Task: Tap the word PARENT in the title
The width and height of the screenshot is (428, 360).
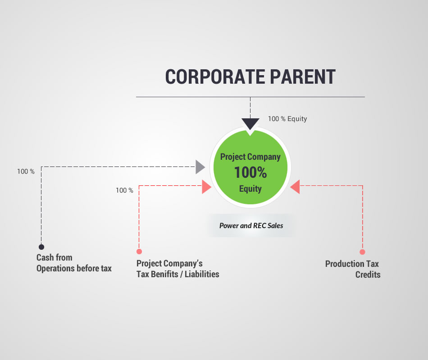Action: [x=303, y=76]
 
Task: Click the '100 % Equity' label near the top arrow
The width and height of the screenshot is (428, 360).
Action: [x=287, y=119]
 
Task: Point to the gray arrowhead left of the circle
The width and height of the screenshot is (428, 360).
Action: [x=200, y=167]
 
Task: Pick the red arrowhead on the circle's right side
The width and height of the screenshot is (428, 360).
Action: [x=295, y=187]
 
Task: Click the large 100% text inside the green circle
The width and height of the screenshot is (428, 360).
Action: [x=250, y=172]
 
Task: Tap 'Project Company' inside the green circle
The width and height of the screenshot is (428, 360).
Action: [x=250, y=157]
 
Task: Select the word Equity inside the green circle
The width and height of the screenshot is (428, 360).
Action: [x=250, y=189]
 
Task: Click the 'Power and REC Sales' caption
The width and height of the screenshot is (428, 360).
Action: [x=251, y=225]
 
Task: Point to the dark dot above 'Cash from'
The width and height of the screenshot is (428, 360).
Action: [x=41, y=247]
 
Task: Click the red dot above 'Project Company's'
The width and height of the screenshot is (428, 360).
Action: [x=139, y=251]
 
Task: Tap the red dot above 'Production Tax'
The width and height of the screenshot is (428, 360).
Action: [x=362, y=252]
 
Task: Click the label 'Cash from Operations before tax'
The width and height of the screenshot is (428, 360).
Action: [x=74, y=263]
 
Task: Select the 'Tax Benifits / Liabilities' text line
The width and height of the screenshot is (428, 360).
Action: [x=178, y=274]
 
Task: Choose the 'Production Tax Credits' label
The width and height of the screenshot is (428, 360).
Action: [x=353, y=269]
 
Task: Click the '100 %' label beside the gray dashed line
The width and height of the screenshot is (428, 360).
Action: [x=26, y=171]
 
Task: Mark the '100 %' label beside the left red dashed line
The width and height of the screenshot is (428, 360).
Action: [x=124, y=190]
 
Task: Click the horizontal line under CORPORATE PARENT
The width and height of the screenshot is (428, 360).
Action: [x=250, y=97]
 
